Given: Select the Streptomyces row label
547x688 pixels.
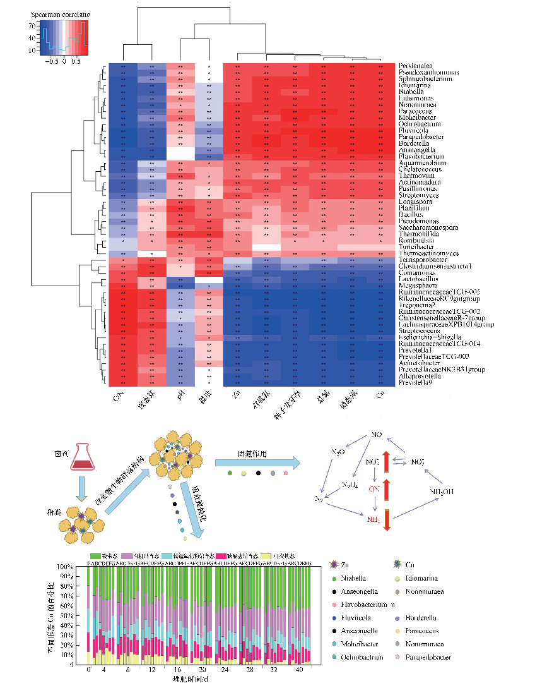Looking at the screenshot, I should tap(417, 196).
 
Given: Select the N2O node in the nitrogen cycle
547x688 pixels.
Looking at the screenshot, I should tap(339, 452).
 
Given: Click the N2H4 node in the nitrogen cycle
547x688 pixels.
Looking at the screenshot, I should tap(350, 485).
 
